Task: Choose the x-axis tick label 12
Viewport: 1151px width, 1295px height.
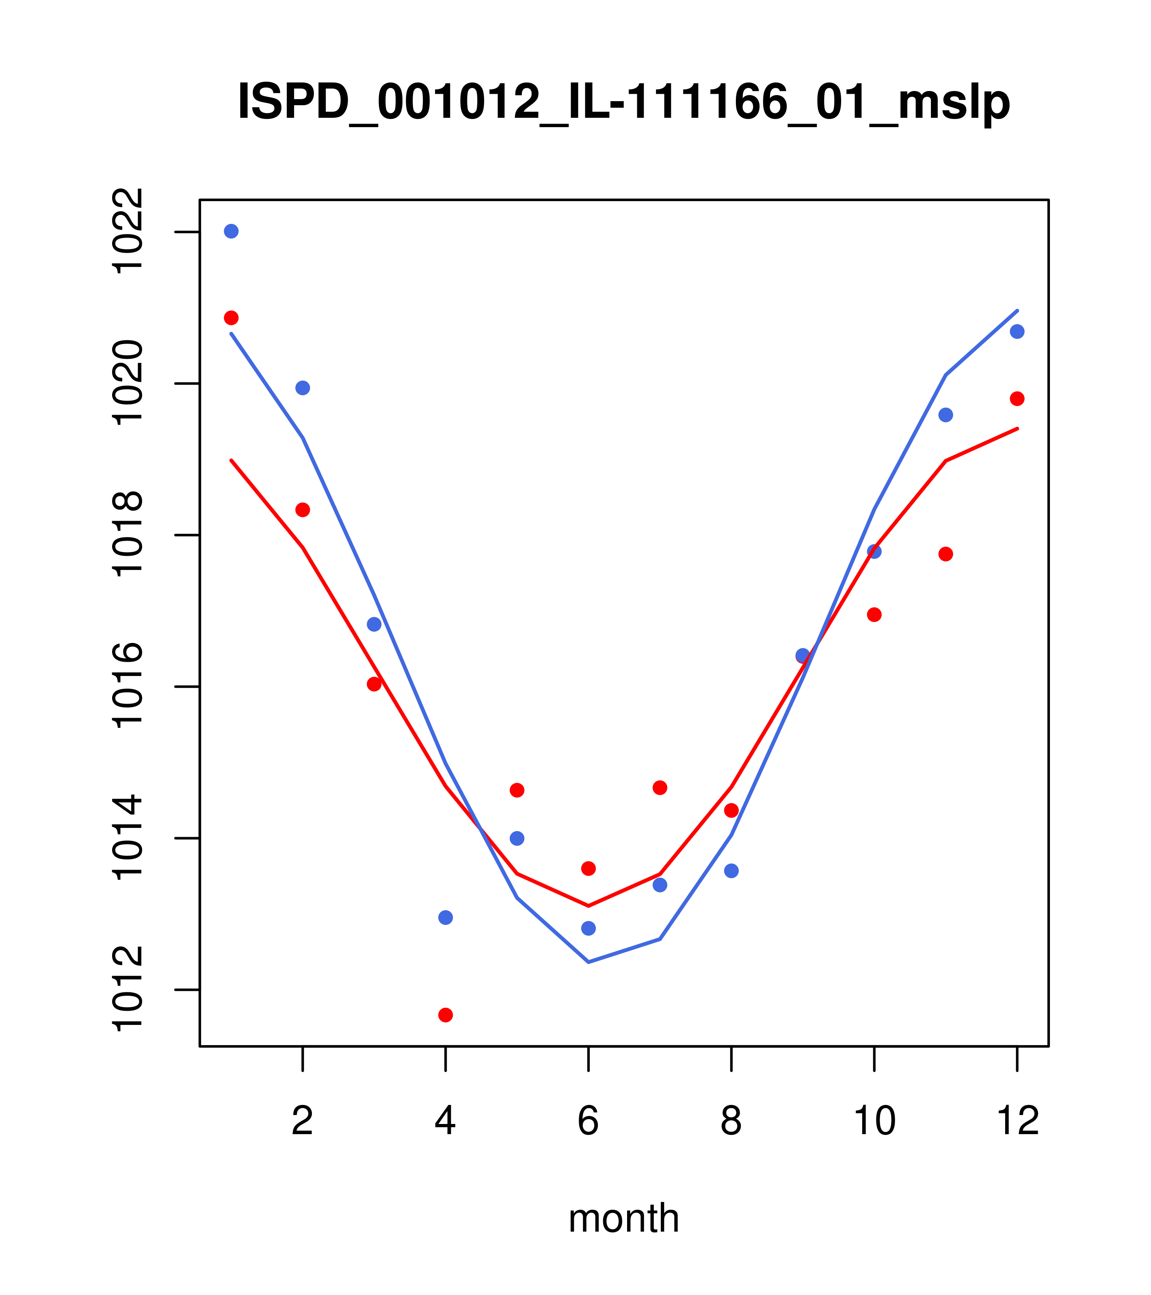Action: coord(1017,1122)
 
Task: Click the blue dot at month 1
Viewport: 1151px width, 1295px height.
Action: coord(231,231)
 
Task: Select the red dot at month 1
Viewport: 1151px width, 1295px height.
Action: coord(231,317)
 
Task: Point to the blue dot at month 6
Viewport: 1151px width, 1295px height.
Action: coord(588,928)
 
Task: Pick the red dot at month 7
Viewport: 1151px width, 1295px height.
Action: coord(660,788)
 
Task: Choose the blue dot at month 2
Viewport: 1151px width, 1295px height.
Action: coord(303,388)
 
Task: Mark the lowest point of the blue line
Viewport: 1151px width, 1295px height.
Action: coord(588,962)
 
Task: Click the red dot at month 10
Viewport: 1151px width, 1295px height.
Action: coord(874,615)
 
